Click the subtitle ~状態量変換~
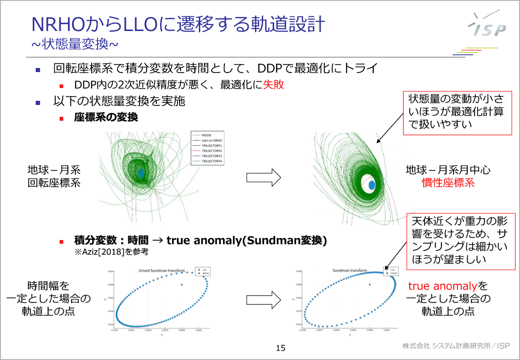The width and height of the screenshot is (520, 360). click(75, 44)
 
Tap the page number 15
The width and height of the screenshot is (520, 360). click(281, 349)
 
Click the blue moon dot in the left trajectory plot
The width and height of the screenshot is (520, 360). click(141, 173)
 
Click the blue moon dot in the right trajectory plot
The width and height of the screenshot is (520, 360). click(372, 185)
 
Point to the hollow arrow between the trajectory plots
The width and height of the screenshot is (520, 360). click(263, 177)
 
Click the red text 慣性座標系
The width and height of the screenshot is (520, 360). click(448, 183)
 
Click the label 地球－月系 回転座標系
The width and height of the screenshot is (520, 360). click(54, 176)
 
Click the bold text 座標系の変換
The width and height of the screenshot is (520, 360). click(106, 117)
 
